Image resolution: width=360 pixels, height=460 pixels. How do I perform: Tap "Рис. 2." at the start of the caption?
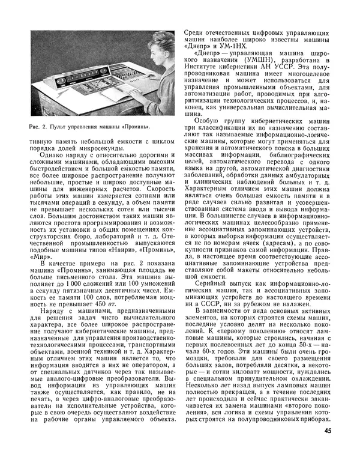pos(37,127)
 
